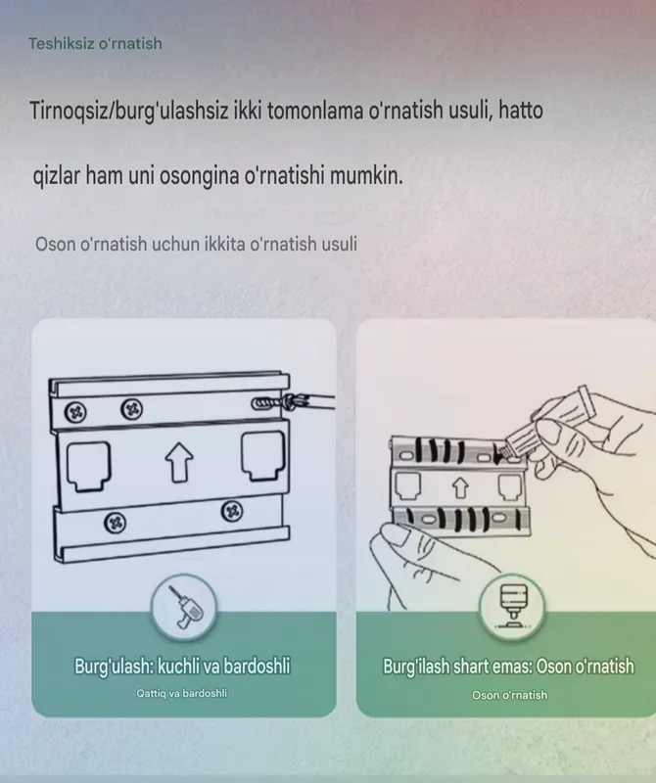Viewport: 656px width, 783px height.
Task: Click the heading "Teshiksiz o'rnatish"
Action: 95,44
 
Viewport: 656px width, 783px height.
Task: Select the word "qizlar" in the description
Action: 56,176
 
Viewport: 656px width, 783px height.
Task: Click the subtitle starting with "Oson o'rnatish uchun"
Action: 196,244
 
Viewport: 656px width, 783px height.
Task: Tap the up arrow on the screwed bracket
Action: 179,463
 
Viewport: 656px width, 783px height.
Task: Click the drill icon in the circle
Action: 184,607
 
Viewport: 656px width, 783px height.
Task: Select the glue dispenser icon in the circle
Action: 512,606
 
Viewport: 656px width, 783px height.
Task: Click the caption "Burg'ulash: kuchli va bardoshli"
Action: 182,667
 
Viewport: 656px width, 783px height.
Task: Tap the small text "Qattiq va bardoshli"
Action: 181,694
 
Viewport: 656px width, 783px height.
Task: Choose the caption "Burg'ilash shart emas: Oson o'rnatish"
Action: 508,667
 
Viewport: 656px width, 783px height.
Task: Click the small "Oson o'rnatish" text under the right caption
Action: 509,695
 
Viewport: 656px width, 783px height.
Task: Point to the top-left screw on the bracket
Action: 75,412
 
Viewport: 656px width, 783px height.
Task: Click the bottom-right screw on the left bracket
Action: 232,511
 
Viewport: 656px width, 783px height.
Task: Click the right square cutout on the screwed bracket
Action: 263,457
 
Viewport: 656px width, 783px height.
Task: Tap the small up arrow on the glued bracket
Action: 460,487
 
